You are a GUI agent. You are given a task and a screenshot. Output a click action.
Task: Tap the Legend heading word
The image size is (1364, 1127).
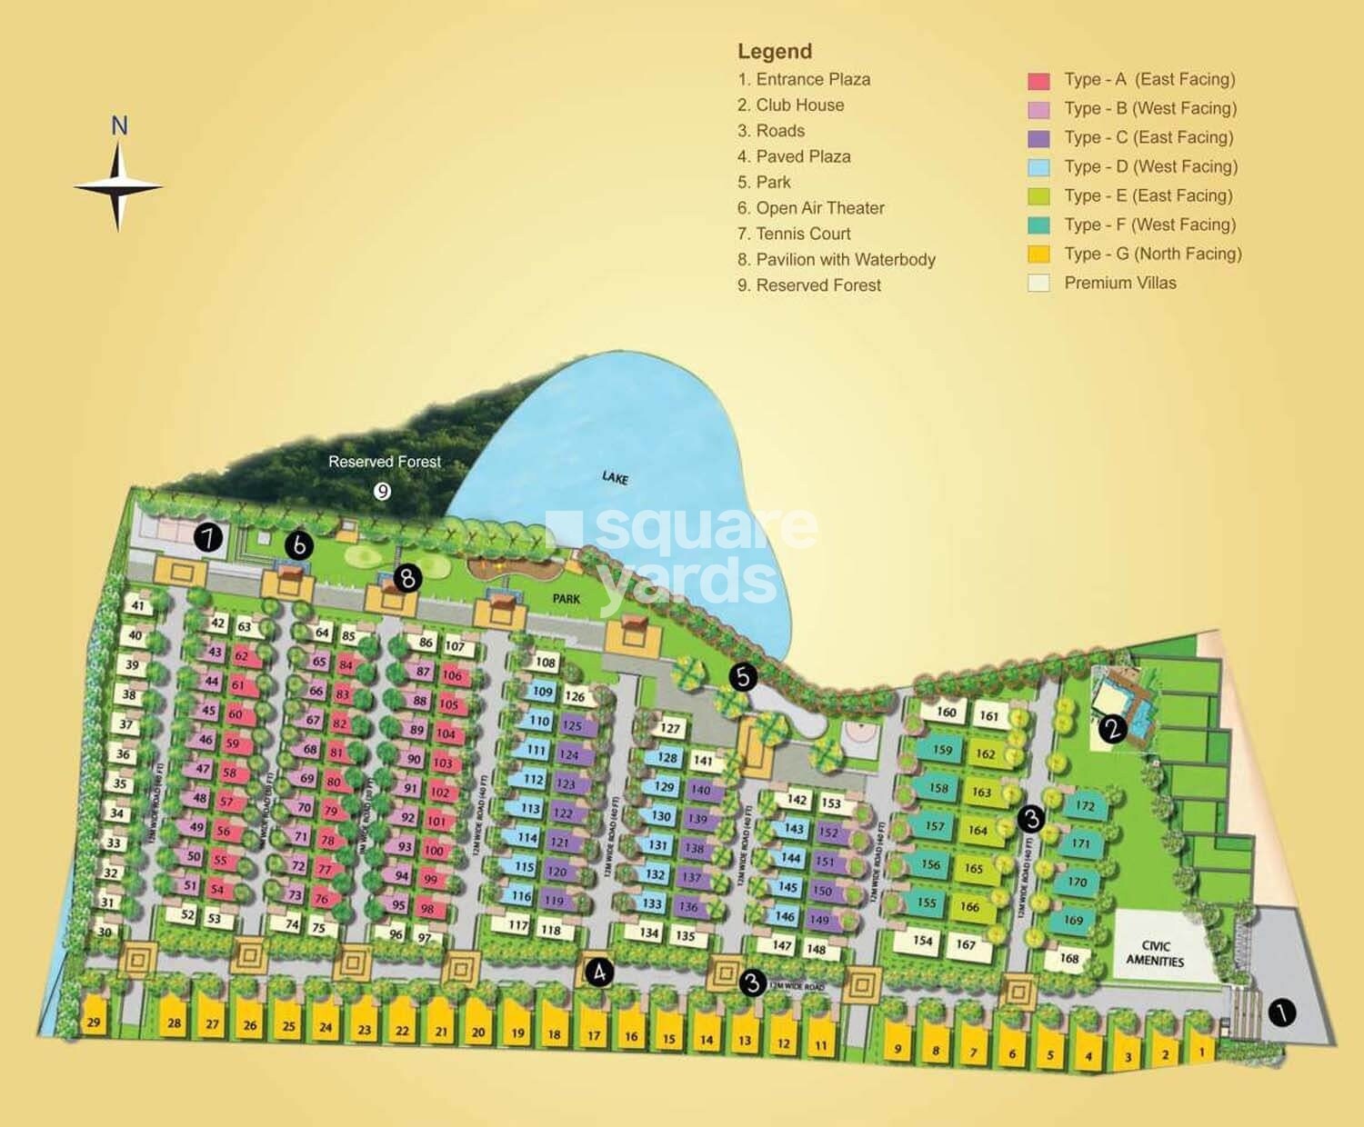coord(774,52)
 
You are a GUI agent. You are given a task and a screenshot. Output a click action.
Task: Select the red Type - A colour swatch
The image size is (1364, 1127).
coord(1038,81)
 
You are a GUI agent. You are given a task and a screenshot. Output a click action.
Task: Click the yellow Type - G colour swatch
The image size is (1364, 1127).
coord(1038,254)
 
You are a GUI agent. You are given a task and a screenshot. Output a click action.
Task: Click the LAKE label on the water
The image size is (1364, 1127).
coord(615,478)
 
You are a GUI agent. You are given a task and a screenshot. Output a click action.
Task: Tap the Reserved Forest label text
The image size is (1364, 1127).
coord(384,462)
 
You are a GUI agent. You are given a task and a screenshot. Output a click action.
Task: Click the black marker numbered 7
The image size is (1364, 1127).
coord(208,537)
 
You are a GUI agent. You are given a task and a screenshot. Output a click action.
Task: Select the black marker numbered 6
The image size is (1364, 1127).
coord(298,545)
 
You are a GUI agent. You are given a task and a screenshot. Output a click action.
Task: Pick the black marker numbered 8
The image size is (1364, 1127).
coord(406,578)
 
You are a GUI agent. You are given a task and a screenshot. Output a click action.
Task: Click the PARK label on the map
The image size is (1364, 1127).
coord(566,599)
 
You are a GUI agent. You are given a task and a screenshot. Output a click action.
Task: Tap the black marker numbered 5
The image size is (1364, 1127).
coord(743,676)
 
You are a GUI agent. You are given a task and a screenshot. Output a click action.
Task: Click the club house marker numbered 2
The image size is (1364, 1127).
coord(1112,728)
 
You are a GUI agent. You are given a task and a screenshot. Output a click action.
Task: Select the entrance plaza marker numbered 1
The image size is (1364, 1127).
coord(1281,1012)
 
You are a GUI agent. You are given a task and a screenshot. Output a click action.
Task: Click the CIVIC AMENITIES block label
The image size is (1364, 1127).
coord(1155,953)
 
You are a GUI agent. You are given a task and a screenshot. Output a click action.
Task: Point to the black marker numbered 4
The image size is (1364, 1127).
coord(598,972)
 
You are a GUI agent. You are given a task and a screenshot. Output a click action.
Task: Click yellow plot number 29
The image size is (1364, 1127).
coord(94,1022)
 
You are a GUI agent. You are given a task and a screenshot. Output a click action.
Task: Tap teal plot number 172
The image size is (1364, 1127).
coord(1084,806)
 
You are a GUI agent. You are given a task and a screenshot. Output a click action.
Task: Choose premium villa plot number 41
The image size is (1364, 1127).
coord(137,605)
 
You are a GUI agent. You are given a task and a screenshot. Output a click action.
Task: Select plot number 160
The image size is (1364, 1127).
coord(946,712)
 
